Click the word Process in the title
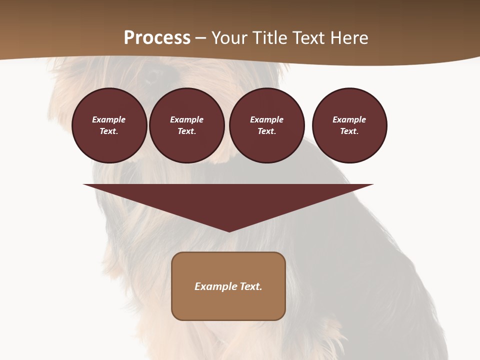pyautogui.click(x=157, y=38)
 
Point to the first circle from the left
pyautogui.click(x=109, y=125)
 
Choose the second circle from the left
pyautogui.click(x=187, y=125)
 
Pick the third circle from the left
pyautogui.click(x=267, y=125)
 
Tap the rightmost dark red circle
pyautogui.click(x=349, y=125)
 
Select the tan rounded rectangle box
pyautogui.click(x=228, y=286)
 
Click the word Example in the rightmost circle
pyautogui.click(x=349, y=119)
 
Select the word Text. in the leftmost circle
pyautogui.click(x=109, y=131)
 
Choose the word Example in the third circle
pyautogui.click(x=267, y=119)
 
